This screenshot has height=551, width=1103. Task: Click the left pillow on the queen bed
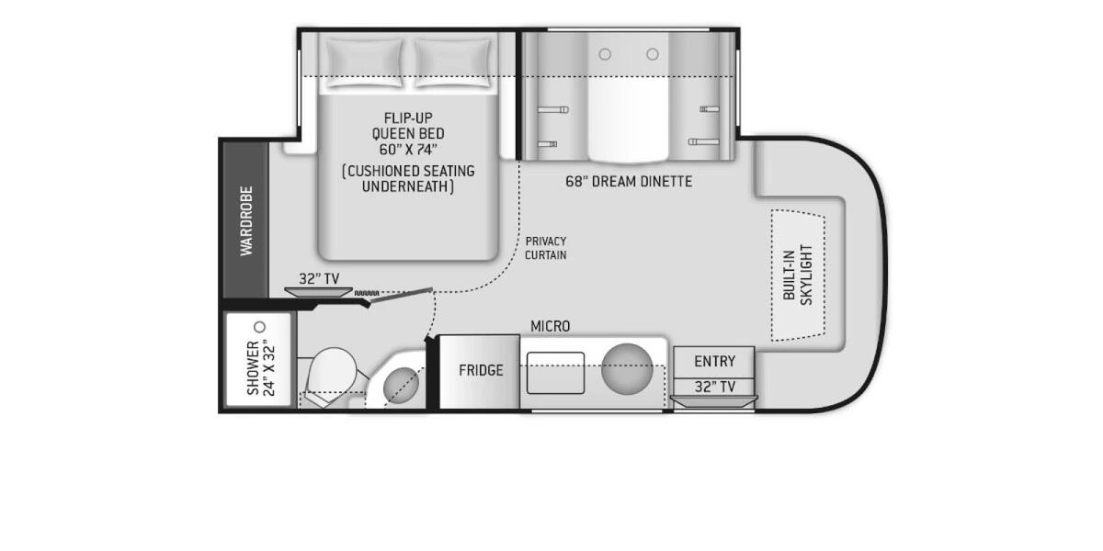coord(365,62)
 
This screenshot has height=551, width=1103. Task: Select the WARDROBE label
coord(246,221)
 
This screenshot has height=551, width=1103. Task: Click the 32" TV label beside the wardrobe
coord(319,278)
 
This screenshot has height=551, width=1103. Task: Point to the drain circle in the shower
coord(259,327)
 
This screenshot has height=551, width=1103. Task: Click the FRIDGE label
coord(481,370)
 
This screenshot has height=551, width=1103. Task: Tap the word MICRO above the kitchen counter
coord(550,326)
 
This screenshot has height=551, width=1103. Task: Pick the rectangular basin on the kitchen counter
coord(555,372)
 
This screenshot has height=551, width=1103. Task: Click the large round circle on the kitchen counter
coord(627,367)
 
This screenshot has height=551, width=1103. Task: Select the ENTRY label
coord(714,361)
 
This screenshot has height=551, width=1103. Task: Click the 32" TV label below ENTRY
coord(714,387)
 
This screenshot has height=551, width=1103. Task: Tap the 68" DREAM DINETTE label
coord(629,181)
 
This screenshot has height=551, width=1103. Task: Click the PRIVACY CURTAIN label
coord(546,248)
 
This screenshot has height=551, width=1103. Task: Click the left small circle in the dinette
coord(605,54)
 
